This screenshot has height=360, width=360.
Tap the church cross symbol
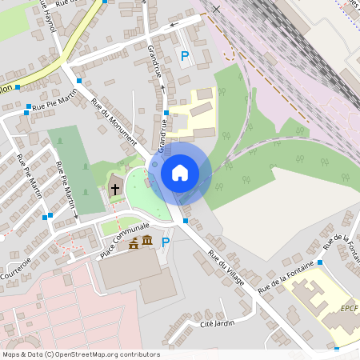coord(114,190)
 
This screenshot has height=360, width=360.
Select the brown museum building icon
coord(147,242)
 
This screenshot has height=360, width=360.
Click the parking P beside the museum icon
coord(166,242)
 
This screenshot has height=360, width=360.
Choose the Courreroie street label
coord(15,269)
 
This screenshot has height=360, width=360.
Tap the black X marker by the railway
coord(216,9)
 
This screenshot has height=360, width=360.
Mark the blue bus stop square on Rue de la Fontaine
coord(319,262)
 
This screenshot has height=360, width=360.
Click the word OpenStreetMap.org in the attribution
coord(86,354)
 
